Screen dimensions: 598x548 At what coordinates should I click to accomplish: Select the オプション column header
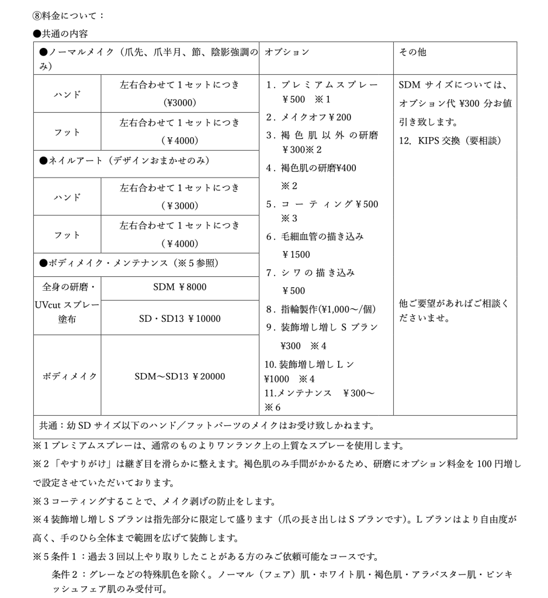[287, 52]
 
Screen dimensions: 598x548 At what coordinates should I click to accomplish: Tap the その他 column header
[412, 52]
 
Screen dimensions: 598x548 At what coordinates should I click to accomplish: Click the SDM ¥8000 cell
[179, 287]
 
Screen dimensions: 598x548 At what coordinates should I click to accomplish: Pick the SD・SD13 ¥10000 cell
[179, 318]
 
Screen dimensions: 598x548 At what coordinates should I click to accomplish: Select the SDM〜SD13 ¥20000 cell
[179, 376]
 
